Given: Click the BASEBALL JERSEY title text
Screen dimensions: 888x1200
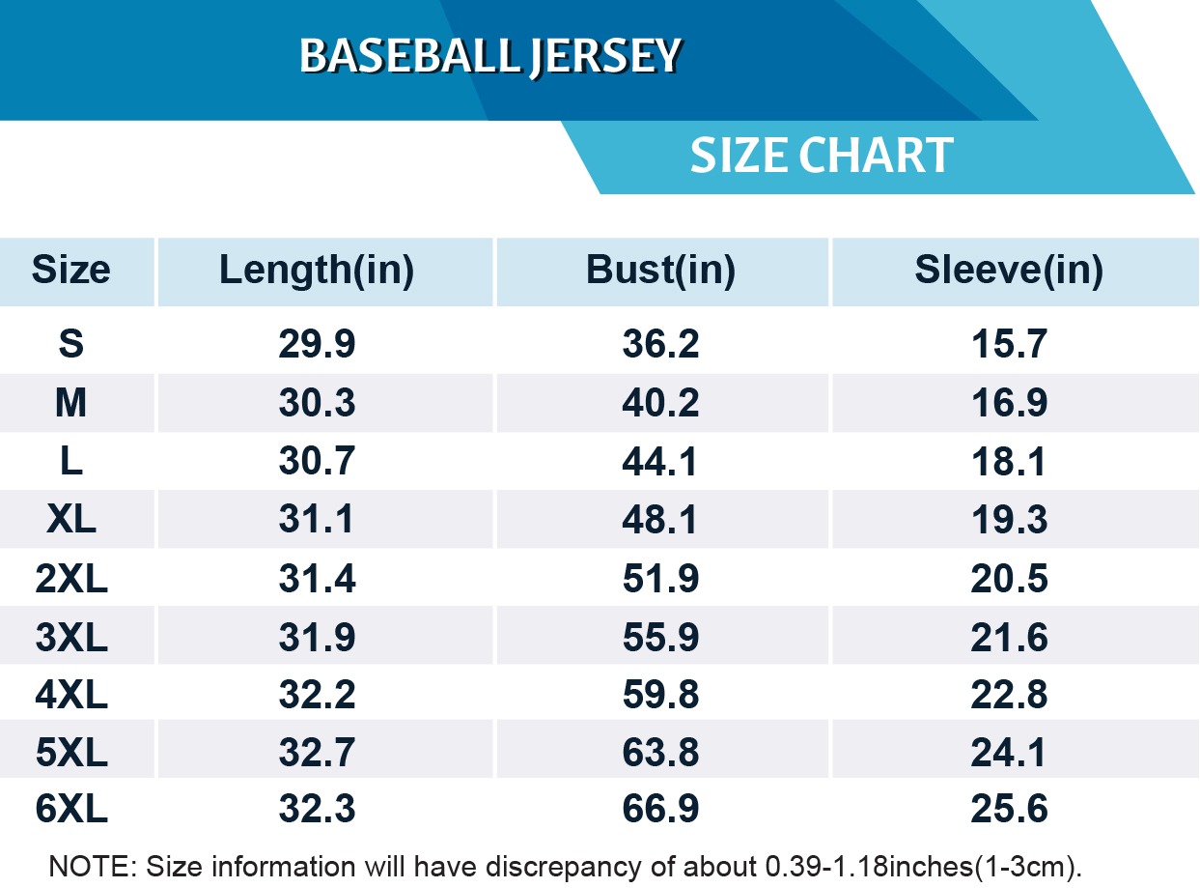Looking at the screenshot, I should [490, 57].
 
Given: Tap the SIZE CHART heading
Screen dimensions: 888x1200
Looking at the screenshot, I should [822, 156].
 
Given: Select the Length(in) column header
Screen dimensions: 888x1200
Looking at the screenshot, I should [317, 271].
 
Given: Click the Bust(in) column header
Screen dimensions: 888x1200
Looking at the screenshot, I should [660, 271].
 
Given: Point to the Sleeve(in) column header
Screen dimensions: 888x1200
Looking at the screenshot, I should [1009, 271].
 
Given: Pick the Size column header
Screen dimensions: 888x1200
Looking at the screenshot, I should [70, 271].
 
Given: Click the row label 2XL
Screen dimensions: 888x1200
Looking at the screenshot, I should [70, 579].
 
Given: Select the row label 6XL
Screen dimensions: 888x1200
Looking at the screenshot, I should [70, 810].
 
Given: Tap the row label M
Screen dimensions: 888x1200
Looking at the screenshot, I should [70, 403].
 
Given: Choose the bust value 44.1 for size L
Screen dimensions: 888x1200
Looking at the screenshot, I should [660, 462].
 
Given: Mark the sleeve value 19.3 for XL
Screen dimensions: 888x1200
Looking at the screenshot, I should [1009, 520].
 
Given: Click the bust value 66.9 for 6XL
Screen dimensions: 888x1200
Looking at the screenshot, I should [660, 810].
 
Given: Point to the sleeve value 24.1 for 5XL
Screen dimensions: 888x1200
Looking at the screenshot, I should [1009, 752].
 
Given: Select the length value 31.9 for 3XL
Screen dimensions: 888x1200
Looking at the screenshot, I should [317, 637].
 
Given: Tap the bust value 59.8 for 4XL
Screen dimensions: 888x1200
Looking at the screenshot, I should [660, 695].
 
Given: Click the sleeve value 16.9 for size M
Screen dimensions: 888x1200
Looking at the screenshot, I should [1009, 403].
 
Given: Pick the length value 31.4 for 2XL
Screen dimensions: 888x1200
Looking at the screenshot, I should [317, 579].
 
